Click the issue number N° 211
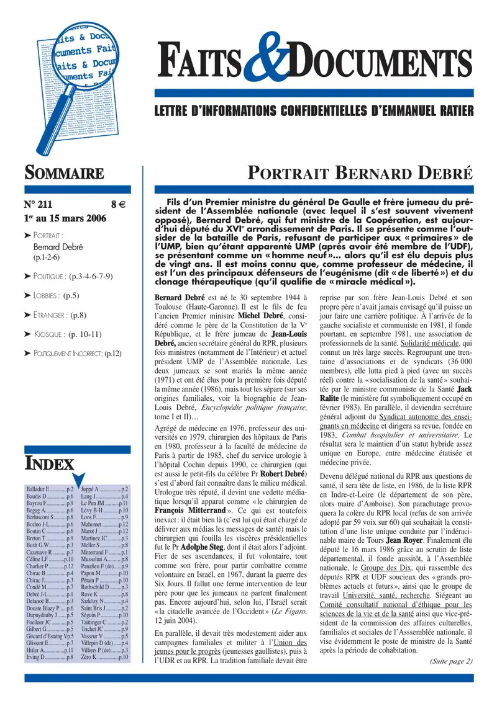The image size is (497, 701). point(40,203)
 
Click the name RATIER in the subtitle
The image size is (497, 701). point(451,111)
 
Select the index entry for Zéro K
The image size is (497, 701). point(105,657)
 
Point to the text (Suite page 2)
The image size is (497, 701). point(451,661)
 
